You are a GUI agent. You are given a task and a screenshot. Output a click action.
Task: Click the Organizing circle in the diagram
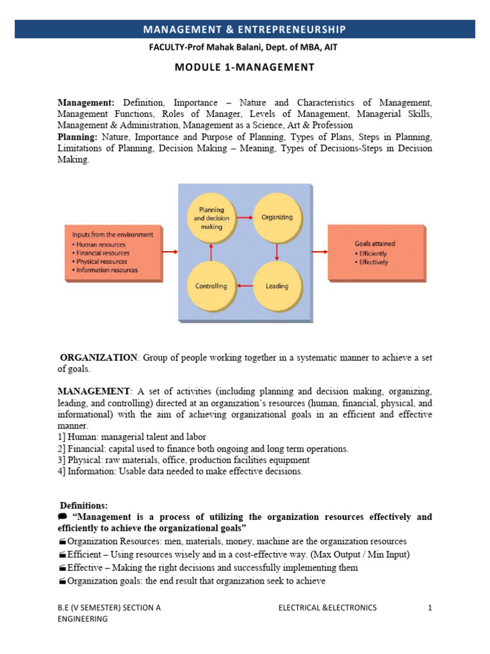coord(276,217)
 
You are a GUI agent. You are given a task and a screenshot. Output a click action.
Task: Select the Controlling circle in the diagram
coord(211,286)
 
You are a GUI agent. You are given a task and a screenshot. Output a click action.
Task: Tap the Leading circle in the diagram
coord(276,286)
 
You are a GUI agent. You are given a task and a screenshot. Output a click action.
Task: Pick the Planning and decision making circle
coord(211,217)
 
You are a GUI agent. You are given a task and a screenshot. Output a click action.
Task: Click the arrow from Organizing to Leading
coord(276,252)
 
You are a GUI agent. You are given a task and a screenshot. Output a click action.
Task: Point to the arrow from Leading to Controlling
coord(244,286)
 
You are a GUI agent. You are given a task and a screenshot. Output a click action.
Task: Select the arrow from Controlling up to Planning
coord(211,252)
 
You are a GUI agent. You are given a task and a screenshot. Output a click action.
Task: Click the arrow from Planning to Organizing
coord(244,217)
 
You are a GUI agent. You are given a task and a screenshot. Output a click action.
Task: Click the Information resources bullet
coord(107,270)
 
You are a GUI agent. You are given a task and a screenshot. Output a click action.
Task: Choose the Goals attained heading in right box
coord(375,244)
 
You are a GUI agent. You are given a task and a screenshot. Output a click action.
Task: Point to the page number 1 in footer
coord(430,608)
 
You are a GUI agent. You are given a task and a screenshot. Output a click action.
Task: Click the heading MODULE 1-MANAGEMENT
coord(245,68)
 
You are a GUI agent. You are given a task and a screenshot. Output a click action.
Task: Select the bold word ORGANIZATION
coord(99,358)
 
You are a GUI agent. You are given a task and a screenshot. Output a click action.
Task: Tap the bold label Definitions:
coord(84,505)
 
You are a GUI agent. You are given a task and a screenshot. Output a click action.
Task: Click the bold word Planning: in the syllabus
coord(77,137)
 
